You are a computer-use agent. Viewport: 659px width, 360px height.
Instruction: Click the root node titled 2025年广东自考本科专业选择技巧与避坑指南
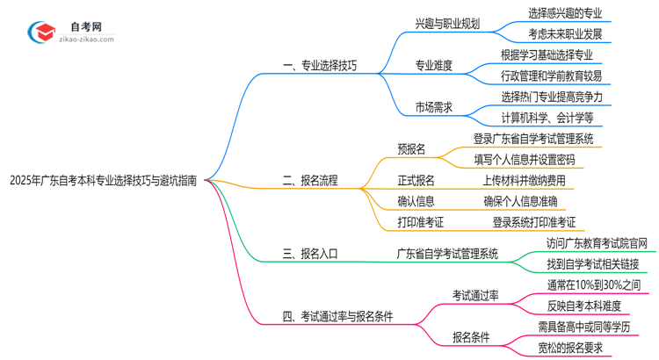(x=104, y=181)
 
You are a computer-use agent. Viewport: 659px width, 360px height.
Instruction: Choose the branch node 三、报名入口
(x=310, y=254)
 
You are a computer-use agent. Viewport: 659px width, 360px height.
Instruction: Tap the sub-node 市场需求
(x=434, y=107)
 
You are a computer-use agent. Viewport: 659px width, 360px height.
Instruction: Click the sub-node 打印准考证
(x=420, y=222)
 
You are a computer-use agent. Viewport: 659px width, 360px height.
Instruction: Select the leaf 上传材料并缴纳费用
(x=524, y=181)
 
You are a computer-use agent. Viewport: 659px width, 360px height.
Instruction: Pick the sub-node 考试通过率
(x=475, y=296)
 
